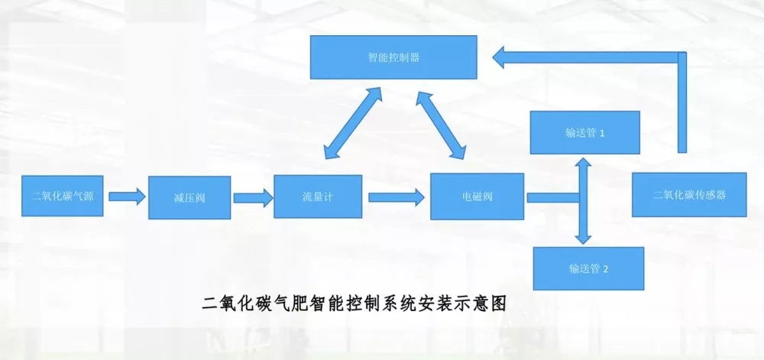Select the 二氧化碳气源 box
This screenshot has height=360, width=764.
[x=63, y=195]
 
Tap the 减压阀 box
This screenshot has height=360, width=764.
[x=189, y=197]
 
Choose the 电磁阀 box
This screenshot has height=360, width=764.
[x=477, y=197]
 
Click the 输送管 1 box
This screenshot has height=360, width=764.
[x=584, y=132]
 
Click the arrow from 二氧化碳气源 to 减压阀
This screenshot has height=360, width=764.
[x=126, y=196]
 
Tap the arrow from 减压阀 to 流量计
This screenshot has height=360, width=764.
[x=253, y=197]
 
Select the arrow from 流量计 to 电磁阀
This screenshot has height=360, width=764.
[x=397, y=197]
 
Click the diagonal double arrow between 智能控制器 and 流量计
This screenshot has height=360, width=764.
[x=351, y=123]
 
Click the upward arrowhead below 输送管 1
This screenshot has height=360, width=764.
[x=583, y=163]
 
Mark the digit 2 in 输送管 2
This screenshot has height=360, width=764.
[x=605, y=269]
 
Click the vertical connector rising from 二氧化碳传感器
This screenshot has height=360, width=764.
[x=682, y=103]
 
